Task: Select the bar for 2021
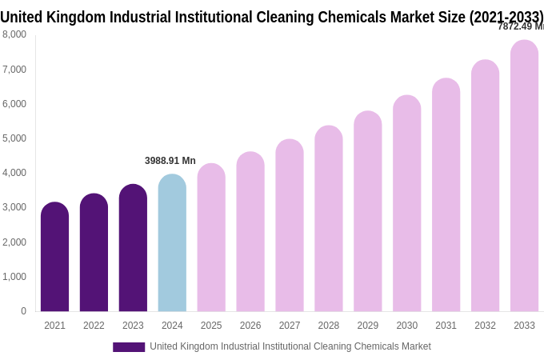click(54, 257)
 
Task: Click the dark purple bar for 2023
click(133, 248)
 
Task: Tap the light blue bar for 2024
click(172, 243)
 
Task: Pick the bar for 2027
click(290, 226)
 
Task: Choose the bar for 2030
click(406, 203)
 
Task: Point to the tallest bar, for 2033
click(524, 176)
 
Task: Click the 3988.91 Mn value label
click(170, 161)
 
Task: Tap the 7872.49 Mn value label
click(521, 26)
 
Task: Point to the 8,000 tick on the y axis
click(14, 34)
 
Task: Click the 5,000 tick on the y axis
click(14, 138)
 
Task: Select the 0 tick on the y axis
click(23, 311)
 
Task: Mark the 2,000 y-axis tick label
click(14, 242)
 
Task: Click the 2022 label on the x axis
click(94, 326)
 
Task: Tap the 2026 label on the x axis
click(250, 326)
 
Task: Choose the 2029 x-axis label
click(368, 326)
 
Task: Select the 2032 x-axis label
click(485, 326)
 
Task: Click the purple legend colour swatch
click(129, 347)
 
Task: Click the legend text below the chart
click(290, 346)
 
